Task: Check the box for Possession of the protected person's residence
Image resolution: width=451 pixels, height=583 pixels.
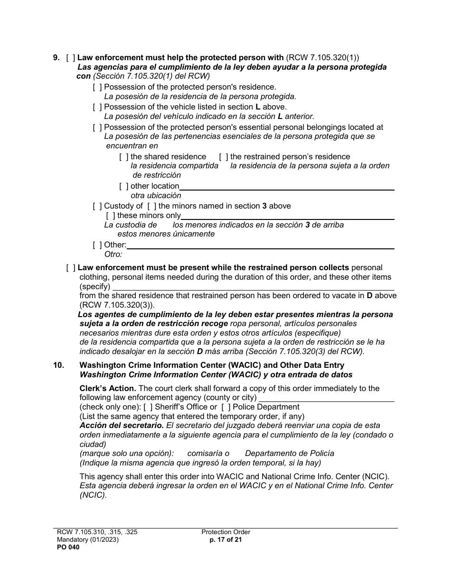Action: click(x=97, y=87)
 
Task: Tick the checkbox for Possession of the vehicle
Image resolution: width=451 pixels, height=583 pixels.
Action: click(x=97, y=107)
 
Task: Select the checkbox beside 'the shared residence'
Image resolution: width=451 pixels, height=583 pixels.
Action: click(x=124, y=157)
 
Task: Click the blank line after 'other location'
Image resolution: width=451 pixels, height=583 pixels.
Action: click(x=287, y=187)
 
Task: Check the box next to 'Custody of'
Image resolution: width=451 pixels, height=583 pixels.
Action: click(x=97, y=206)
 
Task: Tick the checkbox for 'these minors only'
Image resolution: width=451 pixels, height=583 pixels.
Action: click(x=111, y=216)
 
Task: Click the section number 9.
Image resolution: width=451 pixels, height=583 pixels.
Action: click(x=56, y=58)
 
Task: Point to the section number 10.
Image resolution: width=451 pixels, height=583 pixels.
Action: click(x=58, y=365)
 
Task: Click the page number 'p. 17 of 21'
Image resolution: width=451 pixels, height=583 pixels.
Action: click(x=225, y=539)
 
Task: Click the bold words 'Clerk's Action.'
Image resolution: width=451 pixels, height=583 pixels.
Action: click(x=108, y=389)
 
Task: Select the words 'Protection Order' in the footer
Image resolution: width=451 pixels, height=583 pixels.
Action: click(x=225, y=532)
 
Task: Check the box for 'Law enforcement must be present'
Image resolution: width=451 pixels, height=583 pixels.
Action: click(x=71, y=268)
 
